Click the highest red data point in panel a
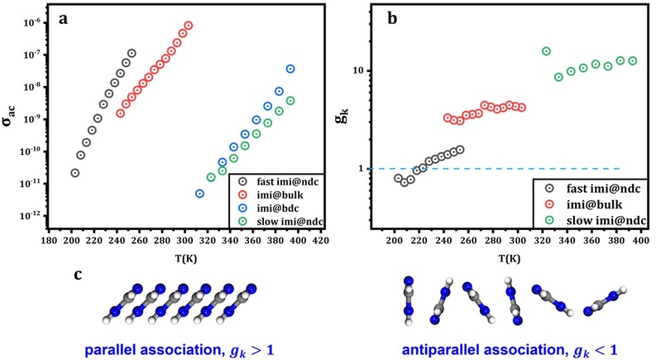[x=189, y=26]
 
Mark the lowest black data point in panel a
[x=74, y=173]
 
